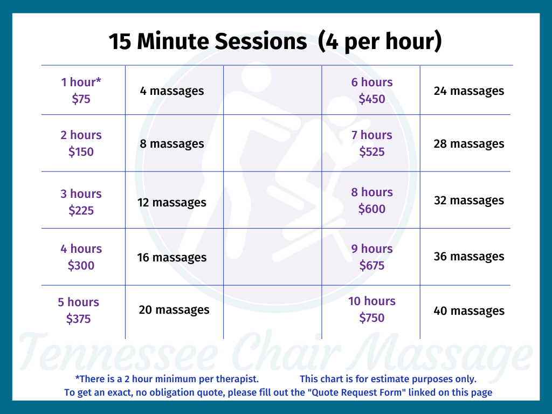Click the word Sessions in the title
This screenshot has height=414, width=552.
tap(260, 42)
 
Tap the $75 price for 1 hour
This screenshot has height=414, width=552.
tap(81, 99)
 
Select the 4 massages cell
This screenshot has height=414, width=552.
tap(172, 91)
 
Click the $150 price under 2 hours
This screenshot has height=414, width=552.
tap(81, 151)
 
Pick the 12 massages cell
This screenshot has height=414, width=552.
tap(172, 203)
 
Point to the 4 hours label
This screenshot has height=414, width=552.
tap(81, 249)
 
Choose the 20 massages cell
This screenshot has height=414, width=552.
tap(174, 310)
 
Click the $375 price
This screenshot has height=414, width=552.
tap(79, 319)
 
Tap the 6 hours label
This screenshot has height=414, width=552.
tap(372, 82)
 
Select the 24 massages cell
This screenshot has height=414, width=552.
tap(469, 91)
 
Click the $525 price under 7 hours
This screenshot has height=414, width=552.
tap(372, 151)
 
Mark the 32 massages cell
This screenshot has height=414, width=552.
tap(469, 201)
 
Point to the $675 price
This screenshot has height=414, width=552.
tap(372, 265)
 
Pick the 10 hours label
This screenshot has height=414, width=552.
tap(372, 301)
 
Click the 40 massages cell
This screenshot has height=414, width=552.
tap(469, 311)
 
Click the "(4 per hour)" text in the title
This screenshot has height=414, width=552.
tap(379, 42)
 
